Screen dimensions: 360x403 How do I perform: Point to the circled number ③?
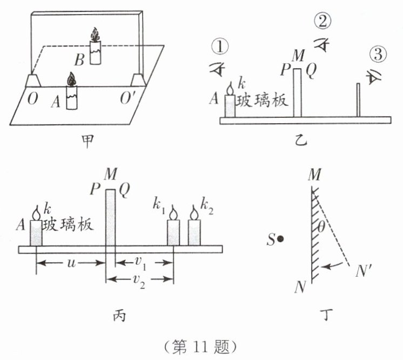pyautogui.click(x=378, y=55)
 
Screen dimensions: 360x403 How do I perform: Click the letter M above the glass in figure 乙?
pyautogui.click(x=297, y=56)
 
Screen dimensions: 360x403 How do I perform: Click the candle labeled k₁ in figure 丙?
pyautogui.click(x=173, y=230)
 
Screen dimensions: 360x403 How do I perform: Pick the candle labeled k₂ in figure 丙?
pyautogui.click(x=194, y=230)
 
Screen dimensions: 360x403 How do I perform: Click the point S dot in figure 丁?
pyautogui.click(x=281, y=238)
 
